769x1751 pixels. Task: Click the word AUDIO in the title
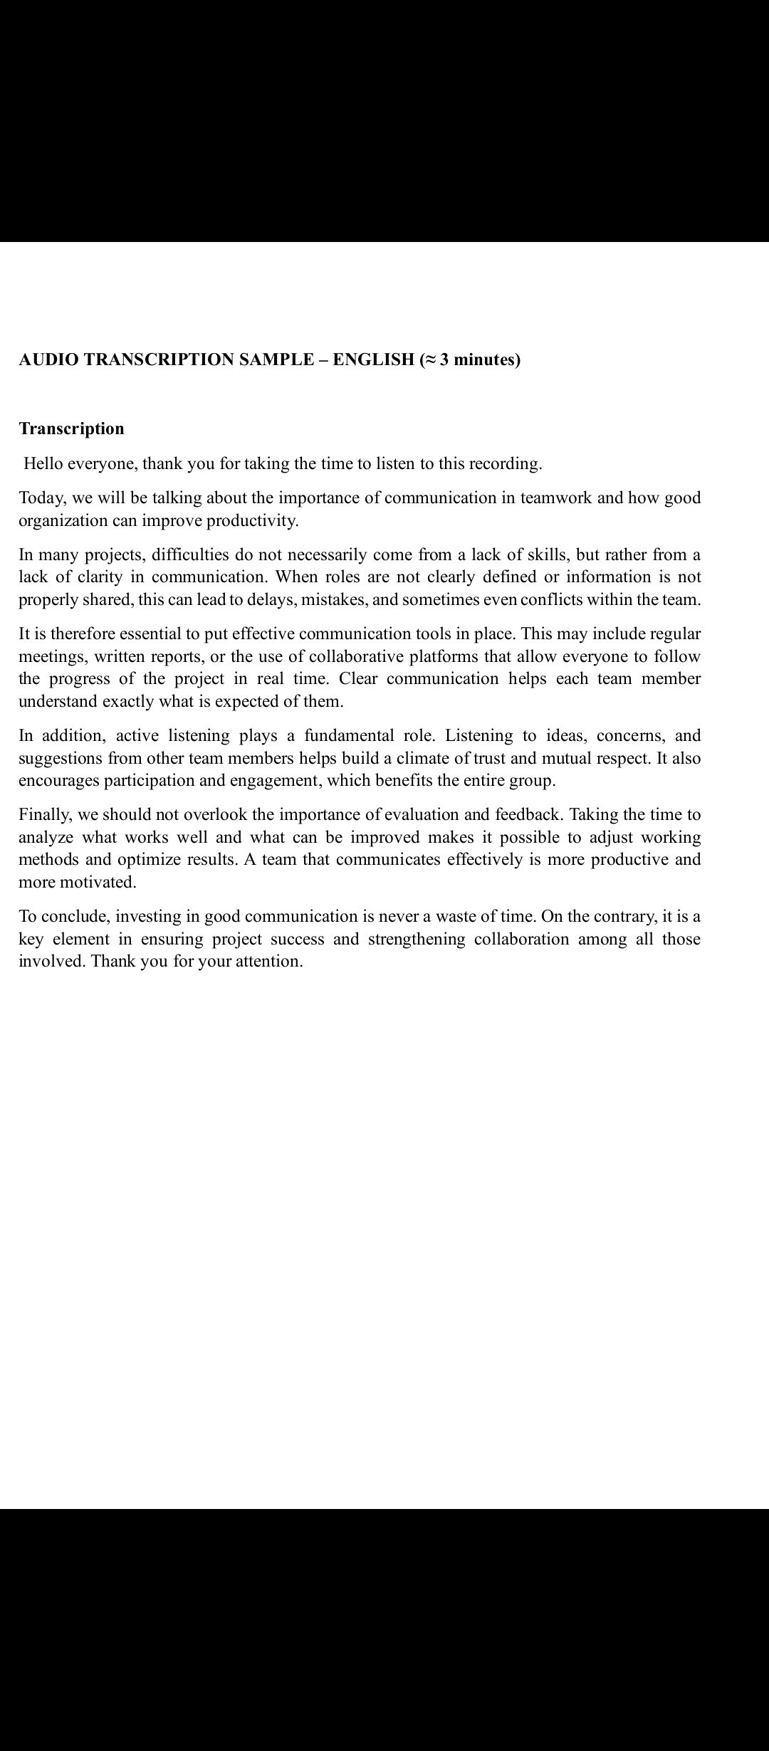[48, 359]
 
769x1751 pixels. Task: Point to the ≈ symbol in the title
[429, 359]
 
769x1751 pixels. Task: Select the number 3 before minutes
[444, 359]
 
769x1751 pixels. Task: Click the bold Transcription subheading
[71, 428]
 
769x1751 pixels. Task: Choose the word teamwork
[555, 498]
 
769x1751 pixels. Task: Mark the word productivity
[253, 520]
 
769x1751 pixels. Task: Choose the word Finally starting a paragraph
[45, 814]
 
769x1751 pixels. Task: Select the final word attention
[270, 962]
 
